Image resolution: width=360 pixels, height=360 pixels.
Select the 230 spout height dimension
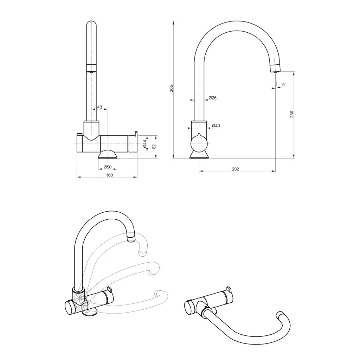point(291,114)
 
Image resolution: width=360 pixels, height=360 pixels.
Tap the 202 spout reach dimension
point(236,169)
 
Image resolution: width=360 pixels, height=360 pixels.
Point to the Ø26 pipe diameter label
point(212,98)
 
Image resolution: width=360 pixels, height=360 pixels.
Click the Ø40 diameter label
point(216,126)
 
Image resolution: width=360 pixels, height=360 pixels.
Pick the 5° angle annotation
point(284,84)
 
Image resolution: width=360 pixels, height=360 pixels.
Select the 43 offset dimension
point(99,107)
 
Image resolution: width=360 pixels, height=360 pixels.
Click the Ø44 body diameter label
point(144,144)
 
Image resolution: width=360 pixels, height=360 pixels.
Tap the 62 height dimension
point(153,147)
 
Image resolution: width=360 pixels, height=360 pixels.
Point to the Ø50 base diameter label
point(108,167)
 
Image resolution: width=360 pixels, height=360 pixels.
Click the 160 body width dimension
point(109,175)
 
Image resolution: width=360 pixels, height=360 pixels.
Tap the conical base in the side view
point(199,155)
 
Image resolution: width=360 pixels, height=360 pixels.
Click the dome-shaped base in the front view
point(108,155)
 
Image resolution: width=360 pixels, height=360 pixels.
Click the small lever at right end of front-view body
point(135,133)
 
